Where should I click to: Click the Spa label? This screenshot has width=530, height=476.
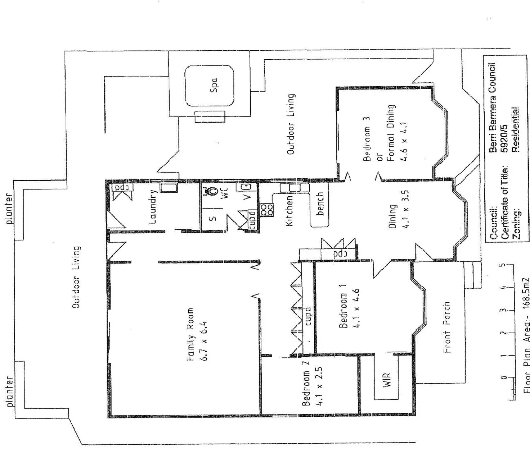214,85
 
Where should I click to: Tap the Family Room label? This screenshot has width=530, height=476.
190,334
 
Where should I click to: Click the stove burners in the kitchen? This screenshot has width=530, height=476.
267,210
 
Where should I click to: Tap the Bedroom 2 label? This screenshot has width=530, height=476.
306,383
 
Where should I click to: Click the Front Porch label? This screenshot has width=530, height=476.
447,327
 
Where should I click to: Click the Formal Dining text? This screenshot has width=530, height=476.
391,133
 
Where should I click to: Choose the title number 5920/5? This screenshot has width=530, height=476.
504,138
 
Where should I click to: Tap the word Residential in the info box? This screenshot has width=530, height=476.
516,129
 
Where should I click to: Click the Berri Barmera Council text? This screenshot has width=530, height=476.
493,107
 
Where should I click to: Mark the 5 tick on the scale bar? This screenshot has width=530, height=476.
503,266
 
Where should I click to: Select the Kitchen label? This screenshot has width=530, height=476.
289,211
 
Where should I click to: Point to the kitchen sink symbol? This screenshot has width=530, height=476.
295,188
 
